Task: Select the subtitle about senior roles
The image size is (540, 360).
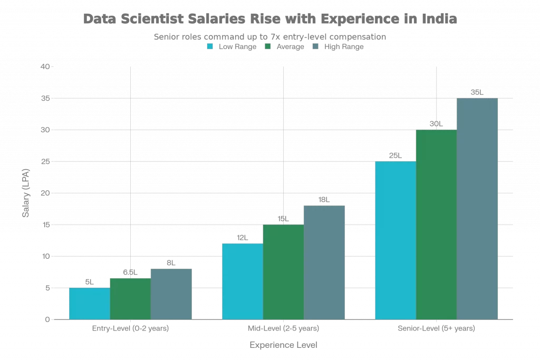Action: (x=270, y=37)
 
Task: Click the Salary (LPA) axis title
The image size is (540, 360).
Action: (x=25, y=193)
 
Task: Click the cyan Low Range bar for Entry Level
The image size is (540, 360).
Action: (x=89, y=304)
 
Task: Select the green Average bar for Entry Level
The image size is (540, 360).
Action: (x=130, y=298)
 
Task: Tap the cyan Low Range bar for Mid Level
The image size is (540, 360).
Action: (x=242, y=280)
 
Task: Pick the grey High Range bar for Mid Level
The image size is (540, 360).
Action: (x=324, y=262)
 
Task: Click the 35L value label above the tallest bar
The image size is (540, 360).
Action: (x=477, y=92)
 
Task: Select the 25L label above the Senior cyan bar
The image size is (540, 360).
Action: (x=395, y=155)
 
